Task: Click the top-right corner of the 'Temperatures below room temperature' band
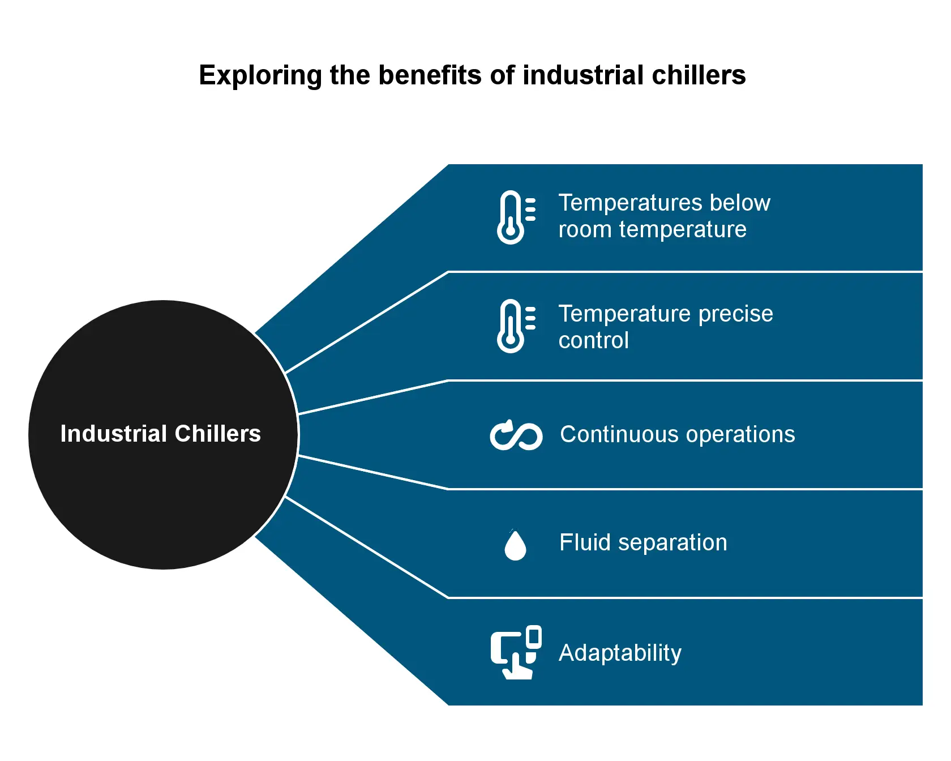922,165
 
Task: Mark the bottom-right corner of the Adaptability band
922,705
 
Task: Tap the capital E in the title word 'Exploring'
207,75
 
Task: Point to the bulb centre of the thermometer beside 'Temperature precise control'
511,340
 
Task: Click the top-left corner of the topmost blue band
448,165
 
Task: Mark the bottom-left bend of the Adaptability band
448,705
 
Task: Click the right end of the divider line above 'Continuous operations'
922,380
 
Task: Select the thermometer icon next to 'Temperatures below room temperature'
516,217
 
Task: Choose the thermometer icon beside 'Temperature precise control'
516,326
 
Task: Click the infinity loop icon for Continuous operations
516,435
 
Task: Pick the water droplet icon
515,545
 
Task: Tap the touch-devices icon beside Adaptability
516,652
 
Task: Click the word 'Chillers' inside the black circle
218,434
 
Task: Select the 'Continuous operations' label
678,435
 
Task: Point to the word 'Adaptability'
620,653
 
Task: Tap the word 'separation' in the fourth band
672,543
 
